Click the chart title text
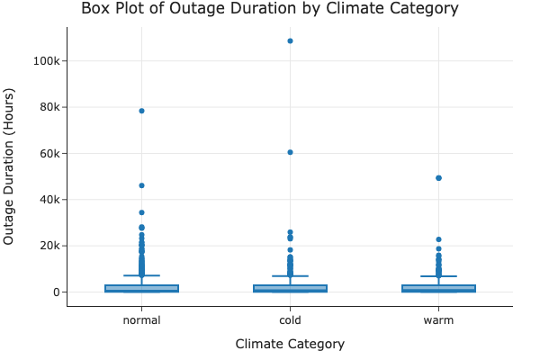click(270, 9)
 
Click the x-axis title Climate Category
click(290, 344)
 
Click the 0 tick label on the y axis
click(56, 292)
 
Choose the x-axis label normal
click(141, 320)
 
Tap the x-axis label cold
click(290, 320)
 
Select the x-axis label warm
click(438, 320)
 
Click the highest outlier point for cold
click(290, 40)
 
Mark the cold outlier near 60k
click(290, 152)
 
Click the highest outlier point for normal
click(141, 111)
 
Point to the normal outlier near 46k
click(141, 185)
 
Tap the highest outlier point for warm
click(438, 178)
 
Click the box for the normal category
click(141, 288)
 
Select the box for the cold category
click(290, 288)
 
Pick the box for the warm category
click(438, 288)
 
